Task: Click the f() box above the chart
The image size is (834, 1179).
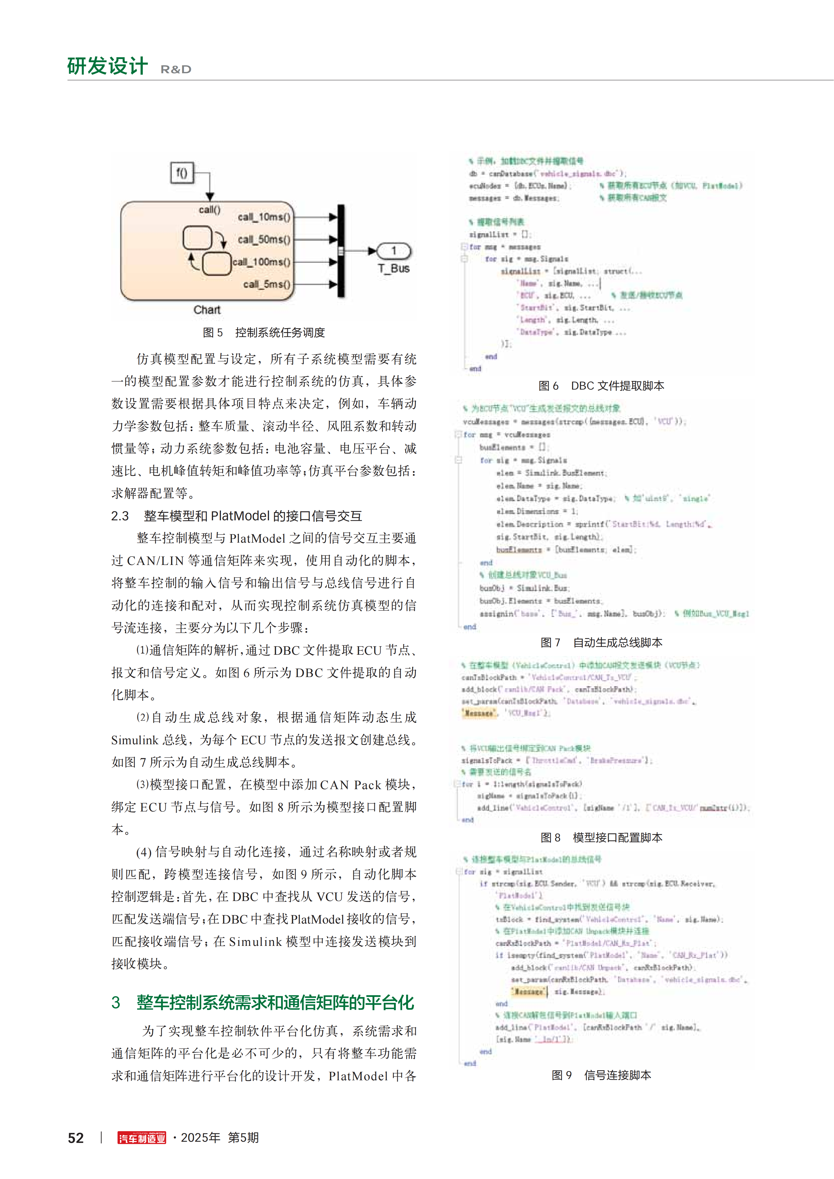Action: [182, 172]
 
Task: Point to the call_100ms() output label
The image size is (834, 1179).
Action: [262, 262]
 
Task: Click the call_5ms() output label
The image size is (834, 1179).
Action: [267, 285]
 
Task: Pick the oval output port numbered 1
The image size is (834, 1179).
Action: [393, 251]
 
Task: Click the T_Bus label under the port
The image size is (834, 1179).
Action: [393, 269]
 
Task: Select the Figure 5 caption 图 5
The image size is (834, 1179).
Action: [213, 333]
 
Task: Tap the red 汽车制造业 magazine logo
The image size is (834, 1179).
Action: [142, 1138]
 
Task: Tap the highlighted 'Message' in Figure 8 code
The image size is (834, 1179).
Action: [479, 713]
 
